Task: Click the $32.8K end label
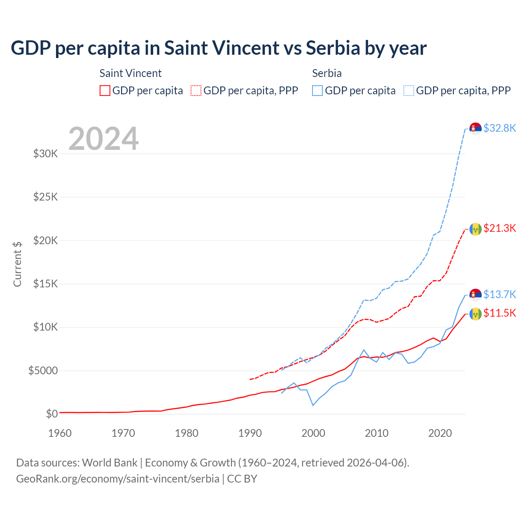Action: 499,128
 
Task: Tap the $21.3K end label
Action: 499,228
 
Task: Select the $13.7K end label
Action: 499,294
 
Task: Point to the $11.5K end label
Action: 499,313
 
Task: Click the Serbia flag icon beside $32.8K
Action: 476,128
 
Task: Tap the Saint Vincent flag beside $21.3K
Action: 476,229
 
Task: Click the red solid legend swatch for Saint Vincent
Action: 105,91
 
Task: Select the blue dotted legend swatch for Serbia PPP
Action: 409,91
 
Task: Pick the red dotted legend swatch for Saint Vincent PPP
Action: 196,91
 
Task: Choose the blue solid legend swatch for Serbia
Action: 317,91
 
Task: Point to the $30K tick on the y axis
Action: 45,154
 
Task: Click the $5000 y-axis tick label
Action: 43,371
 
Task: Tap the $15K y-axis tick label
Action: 45,284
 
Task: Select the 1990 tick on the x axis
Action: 250,433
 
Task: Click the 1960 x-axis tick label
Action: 60,433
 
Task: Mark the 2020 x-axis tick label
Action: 440,433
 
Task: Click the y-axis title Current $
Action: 17,264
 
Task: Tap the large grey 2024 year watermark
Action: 103,139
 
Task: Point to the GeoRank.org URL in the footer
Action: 118,479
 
